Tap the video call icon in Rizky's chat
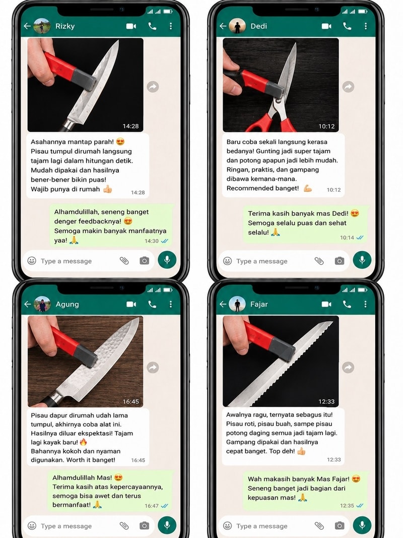(x=131, y=26)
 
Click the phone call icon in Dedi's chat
(x=347, y=26)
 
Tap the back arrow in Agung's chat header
(x=27, y=304)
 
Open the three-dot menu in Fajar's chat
(x=365, y=304)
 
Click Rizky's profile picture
(x=42, y=26)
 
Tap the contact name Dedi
(x=258, y=26)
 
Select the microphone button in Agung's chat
(x=167, y=525)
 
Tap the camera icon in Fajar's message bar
(x=339, y=525)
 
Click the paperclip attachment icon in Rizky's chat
(x=124, y=261)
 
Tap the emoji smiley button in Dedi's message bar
(x=227, y=261)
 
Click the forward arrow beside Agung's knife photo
(x=153, y=368)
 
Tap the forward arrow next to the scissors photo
(x=348, y=86)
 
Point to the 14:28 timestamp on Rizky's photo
(x=130, y=126)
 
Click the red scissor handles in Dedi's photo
(x=271, y=124)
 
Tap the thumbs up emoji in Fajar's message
(x=301, y=451)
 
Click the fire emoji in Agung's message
(x=83, y=442)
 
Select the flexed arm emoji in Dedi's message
(x=308, y=188)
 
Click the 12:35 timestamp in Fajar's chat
(x=347, y=505)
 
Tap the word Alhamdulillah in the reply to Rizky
(x=77, y=212)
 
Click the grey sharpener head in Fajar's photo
(x=282, y=349)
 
